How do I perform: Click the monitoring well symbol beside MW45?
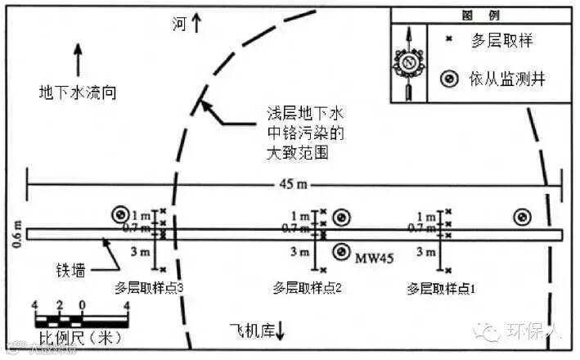coord(342,252)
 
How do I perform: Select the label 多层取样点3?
coord(150,288)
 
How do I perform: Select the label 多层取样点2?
coord(307,288)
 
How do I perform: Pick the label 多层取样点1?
coord(441,288)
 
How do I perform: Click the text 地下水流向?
coord(79,92)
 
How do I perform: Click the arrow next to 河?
coord(196,25)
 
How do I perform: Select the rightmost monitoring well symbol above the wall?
coord(520,217)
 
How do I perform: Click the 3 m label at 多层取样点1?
coord(426,253)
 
